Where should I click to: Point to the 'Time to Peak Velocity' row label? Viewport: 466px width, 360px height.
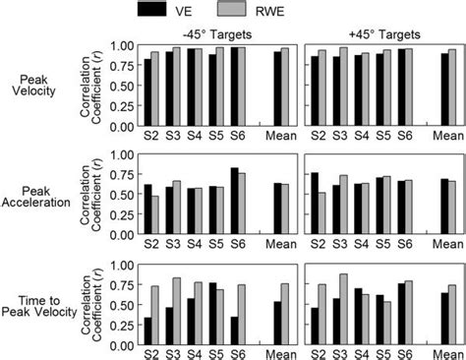tap(39, 299)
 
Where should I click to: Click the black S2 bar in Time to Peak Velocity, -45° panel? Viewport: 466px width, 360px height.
tap(147, 334)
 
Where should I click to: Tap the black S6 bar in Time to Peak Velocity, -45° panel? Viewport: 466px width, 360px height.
tap(234, 333)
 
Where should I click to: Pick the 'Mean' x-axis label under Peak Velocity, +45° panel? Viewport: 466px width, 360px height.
tap(447, 137)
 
